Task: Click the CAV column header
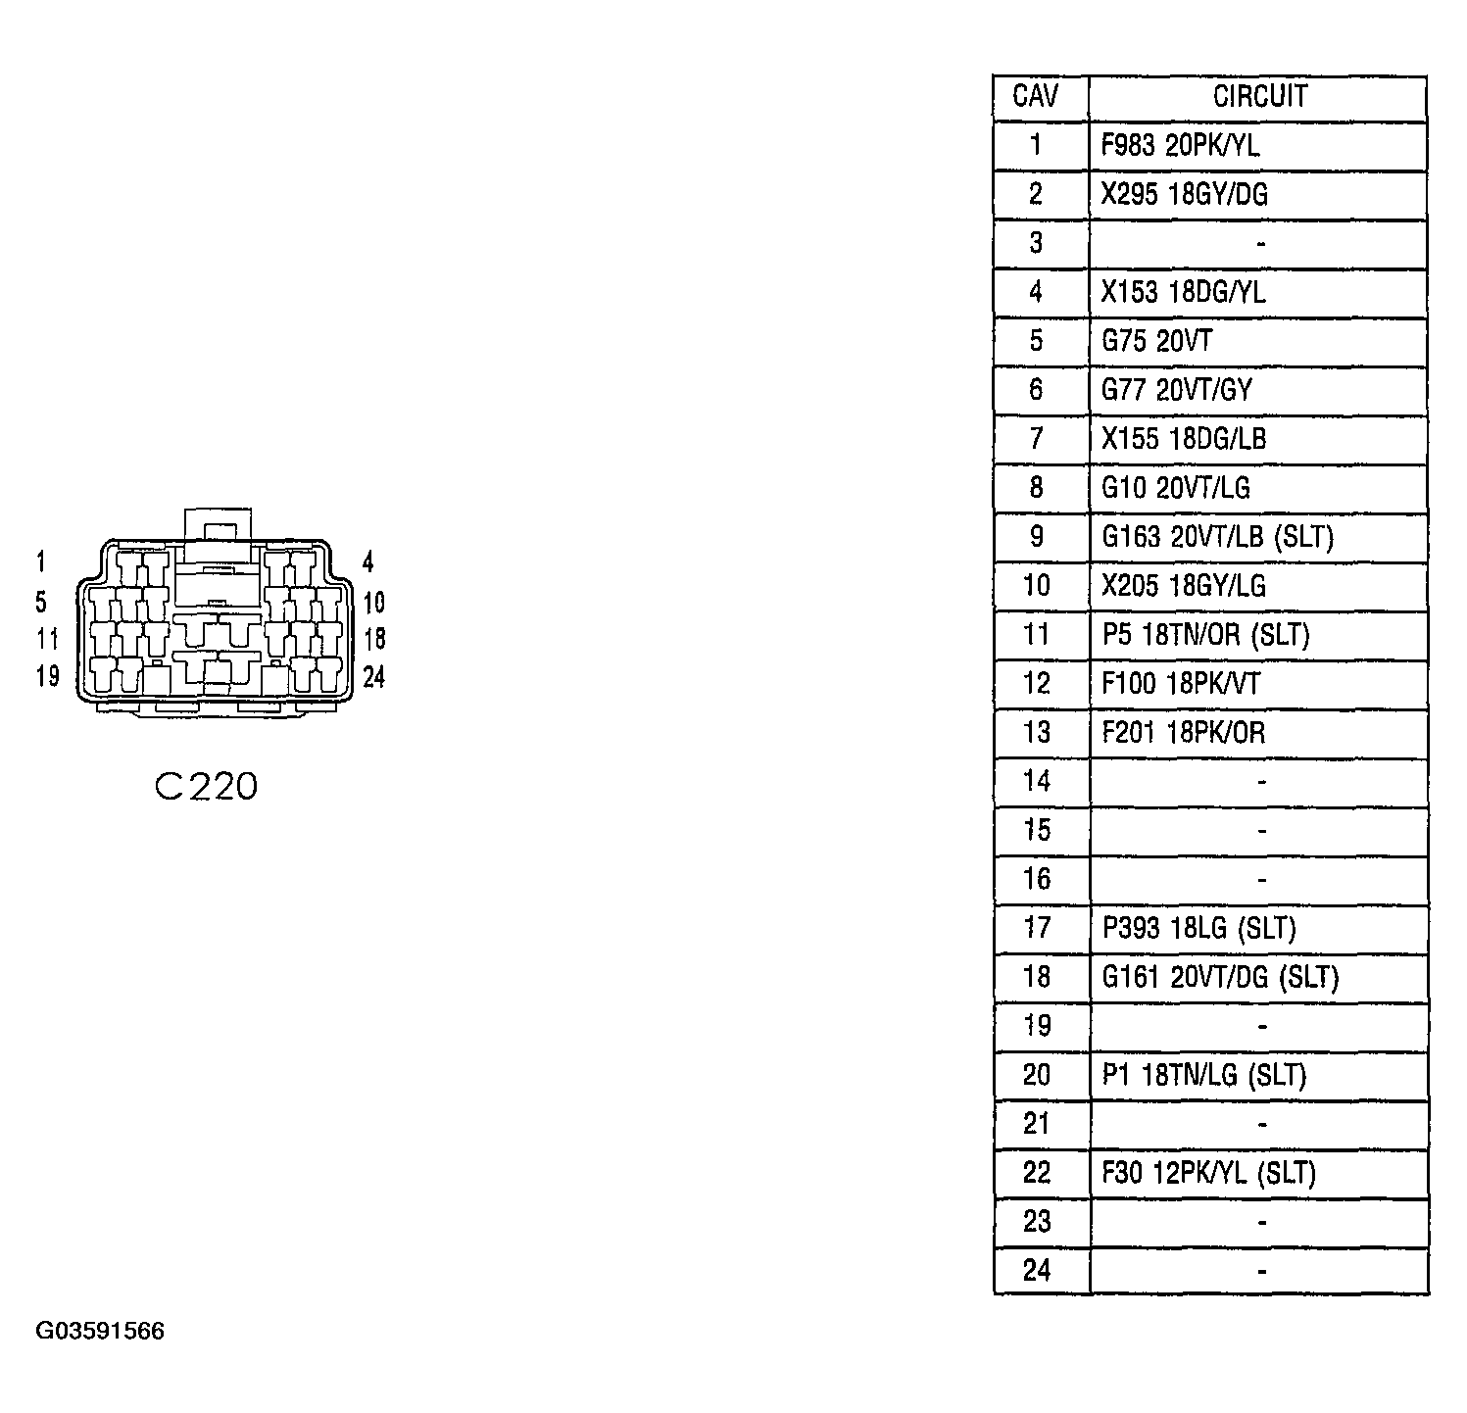[x=1036, y=96]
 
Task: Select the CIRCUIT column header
[x=1260, y=96]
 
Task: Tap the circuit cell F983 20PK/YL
[x=1180, y=145]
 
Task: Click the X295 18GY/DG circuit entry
[x=1184, y=194]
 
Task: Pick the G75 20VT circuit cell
[x=1156, y=341]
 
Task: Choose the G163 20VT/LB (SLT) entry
[x=1217, y=536]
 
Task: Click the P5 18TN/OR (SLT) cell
[x=1205, y=634]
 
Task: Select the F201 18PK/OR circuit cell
[x=1183, y=732]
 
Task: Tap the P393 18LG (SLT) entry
[x=1198, y=927]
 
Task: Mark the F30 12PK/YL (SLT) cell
[x=1208, y=1172]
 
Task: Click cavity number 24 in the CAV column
[x=1037, y=1270]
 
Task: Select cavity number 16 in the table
[x=1037, y=879]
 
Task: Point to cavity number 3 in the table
[x=1037, y=243]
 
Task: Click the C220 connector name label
[x=206, y=786]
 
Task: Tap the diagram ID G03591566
[x=100, y=1331]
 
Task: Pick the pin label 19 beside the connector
[x=47, y=676]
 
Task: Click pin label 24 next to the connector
[x=373, y=676]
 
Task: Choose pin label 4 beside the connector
[x=367, y=561]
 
